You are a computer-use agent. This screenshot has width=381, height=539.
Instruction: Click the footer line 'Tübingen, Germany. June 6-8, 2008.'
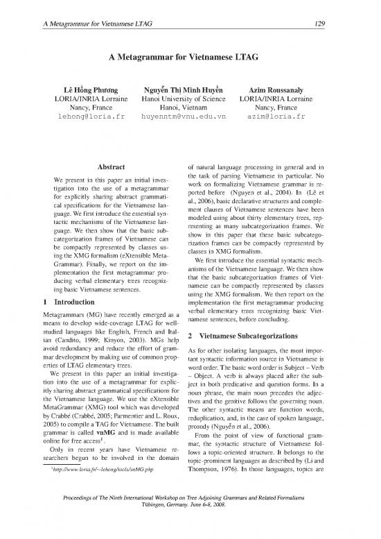coord(190,525)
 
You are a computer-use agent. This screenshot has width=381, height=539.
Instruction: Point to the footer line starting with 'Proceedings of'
coord(190,517)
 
